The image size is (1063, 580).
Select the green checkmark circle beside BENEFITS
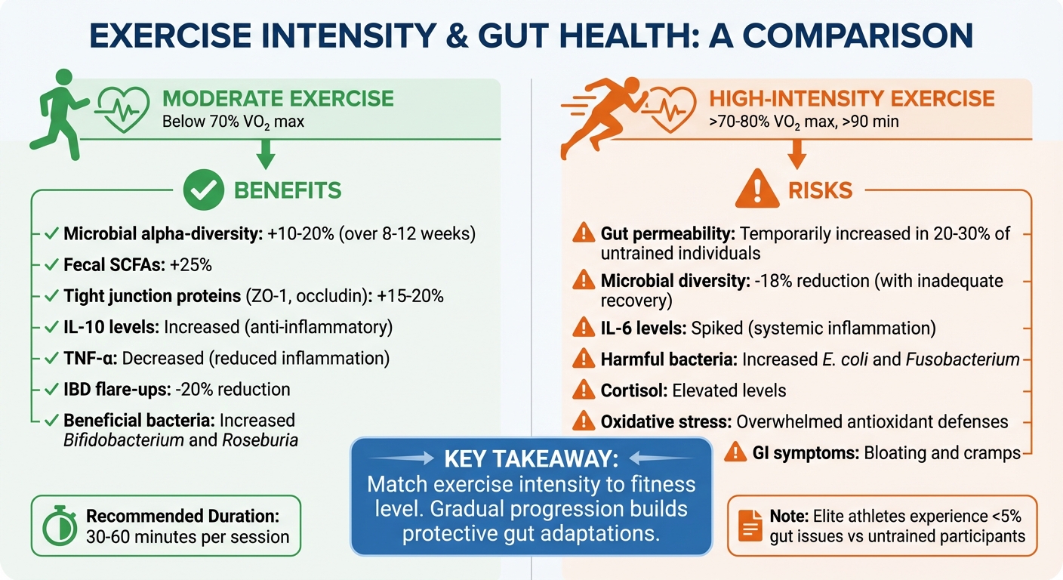click(x=204, y=190)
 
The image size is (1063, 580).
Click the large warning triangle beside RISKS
click(x=755, y=189)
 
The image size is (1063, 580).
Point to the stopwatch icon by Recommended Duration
click(x=58, y=527)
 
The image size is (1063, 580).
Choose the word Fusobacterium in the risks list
click(x=974, y=359)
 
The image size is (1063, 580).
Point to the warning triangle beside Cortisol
click(x=584, y=390)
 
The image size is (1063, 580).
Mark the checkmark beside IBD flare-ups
click(x=51, y=390)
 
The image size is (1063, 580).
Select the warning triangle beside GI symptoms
click(x=735, y=452)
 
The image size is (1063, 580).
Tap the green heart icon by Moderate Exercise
click(x=125, y=108)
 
